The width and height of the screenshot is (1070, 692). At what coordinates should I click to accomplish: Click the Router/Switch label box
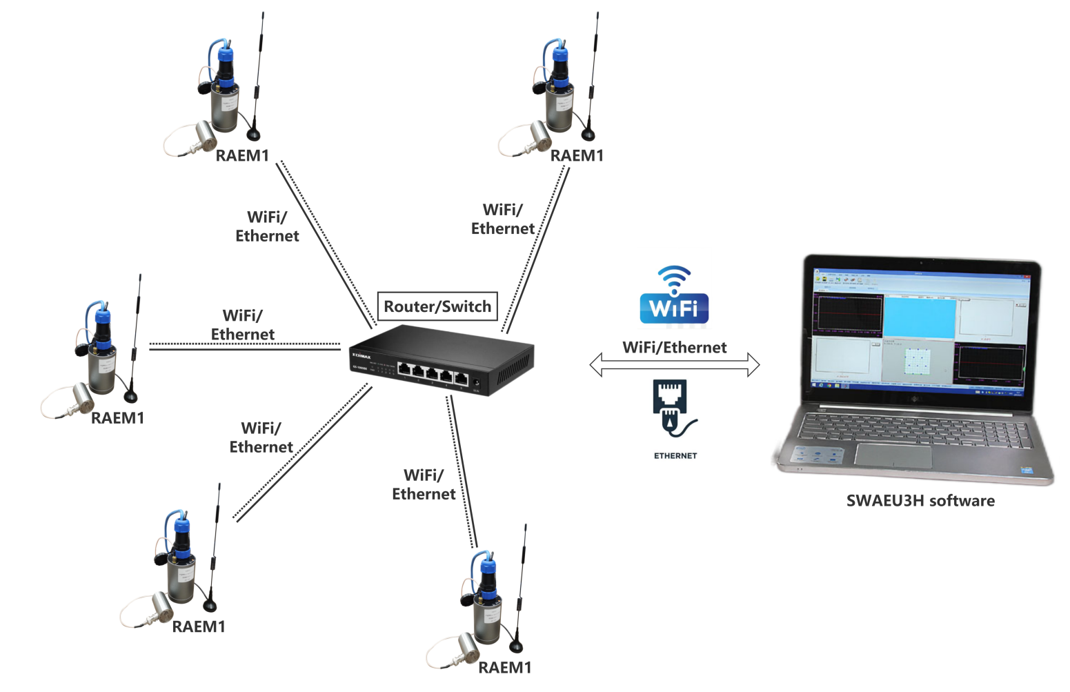(437, 306)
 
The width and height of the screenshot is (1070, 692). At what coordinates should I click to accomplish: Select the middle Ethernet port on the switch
(432, 374)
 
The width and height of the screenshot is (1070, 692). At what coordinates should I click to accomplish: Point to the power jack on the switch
(476, 382)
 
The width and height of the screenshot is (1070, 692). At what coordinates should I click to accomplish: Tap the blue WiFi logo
(674, 297)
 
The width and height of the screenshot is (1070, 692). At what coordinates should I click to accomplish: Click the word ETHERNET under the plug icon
(675, 456)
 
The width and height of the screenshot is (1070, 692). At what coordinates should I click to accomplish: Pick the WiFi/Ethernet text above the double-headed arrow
(674, 348)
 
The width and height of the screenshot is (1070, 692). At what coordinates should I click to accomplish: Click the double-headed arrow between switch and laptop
(674, 364)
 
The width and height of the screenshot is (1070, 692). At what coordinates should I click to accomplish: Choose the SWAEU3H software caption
(920, 501)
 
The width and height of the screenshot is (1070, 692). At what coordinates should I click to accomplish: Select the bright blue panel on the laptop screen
(920, 317)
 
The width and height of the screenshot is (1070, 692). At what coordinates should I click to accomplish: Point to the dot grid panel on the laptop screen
(918, 362)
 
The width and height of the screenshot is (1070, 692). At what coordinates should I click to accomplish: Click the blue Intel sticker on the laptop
(1027, 471)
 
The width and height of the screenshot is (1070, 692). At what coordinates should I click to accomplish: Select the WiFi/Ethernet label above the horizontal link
(243, 325)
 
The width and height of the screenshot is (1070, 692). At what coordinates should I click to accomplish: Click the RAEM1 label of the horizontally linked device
(117, 418)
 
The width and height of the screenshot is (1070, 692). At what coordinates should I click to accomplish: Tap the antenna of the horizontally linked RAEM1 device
(136, 331)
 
